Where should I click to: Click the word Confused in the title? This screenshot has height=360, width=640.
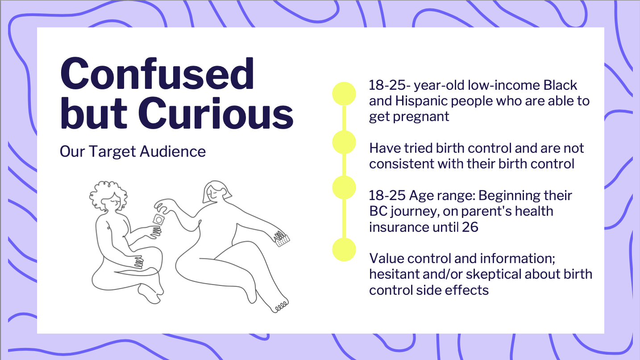(157, 74)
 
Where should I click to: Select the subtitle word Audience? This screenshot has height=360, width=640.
(173, 151)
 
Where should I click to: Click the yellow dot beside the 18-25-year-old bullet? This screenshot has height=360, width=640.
(344, 93)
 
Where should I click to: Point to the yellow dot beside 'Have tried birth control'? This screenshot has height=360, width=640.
(344, 142)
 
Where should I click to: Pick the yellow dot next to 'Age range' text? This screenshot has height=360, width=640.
(344, 187)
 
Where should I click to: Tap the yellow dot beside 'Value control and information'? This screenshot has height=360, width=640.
(344, 249)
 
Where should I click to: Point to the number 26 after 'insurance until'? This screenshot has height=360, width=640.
(470, 227)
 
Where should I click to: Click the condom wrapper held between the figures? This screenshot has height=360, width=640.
(158, 220)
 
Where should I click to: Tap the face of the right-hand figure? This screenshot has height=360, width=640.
(214, 194)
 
